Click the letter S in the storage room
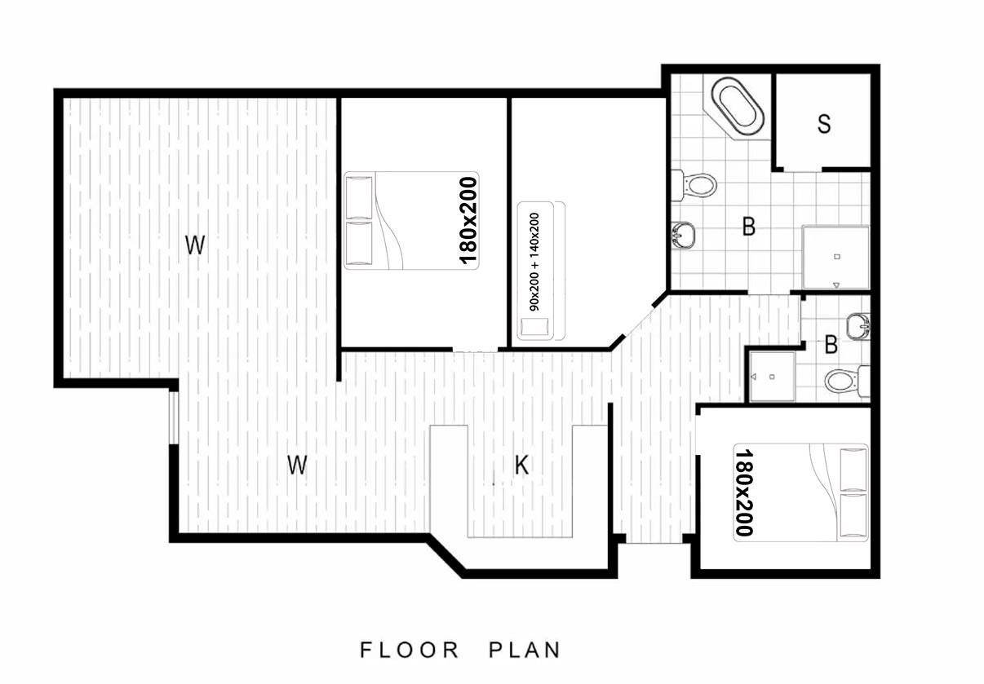tap(824, 124)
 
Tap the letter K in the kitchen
tap(521, 465)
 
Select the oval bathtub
tap(738, 106)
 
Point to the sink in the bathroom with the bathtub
tap(684, 236)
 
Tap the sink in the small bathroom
tap(858, 327)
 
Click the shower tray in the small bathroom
tap(773, 377)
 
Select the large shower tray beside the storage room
tap(836, 258)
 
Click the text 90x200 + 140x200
tap(534, 262)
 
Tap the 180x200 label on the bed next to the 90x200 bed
tap(468, 220)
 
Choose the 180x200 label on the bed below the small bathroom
tap(743, 492)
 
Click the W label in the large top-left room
tap(195, 245)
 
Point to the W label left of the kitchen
tap(297, 465)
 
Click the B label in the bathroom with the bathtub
tap(748, 227)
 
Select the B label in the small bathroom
tap(831, 345)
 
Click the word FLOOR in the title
tap(410, 651)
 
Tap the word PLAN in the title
tap(525, 651)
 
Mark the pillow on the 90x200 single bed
tap(534, 327)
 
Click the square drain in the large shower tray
tap(837, 257)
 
